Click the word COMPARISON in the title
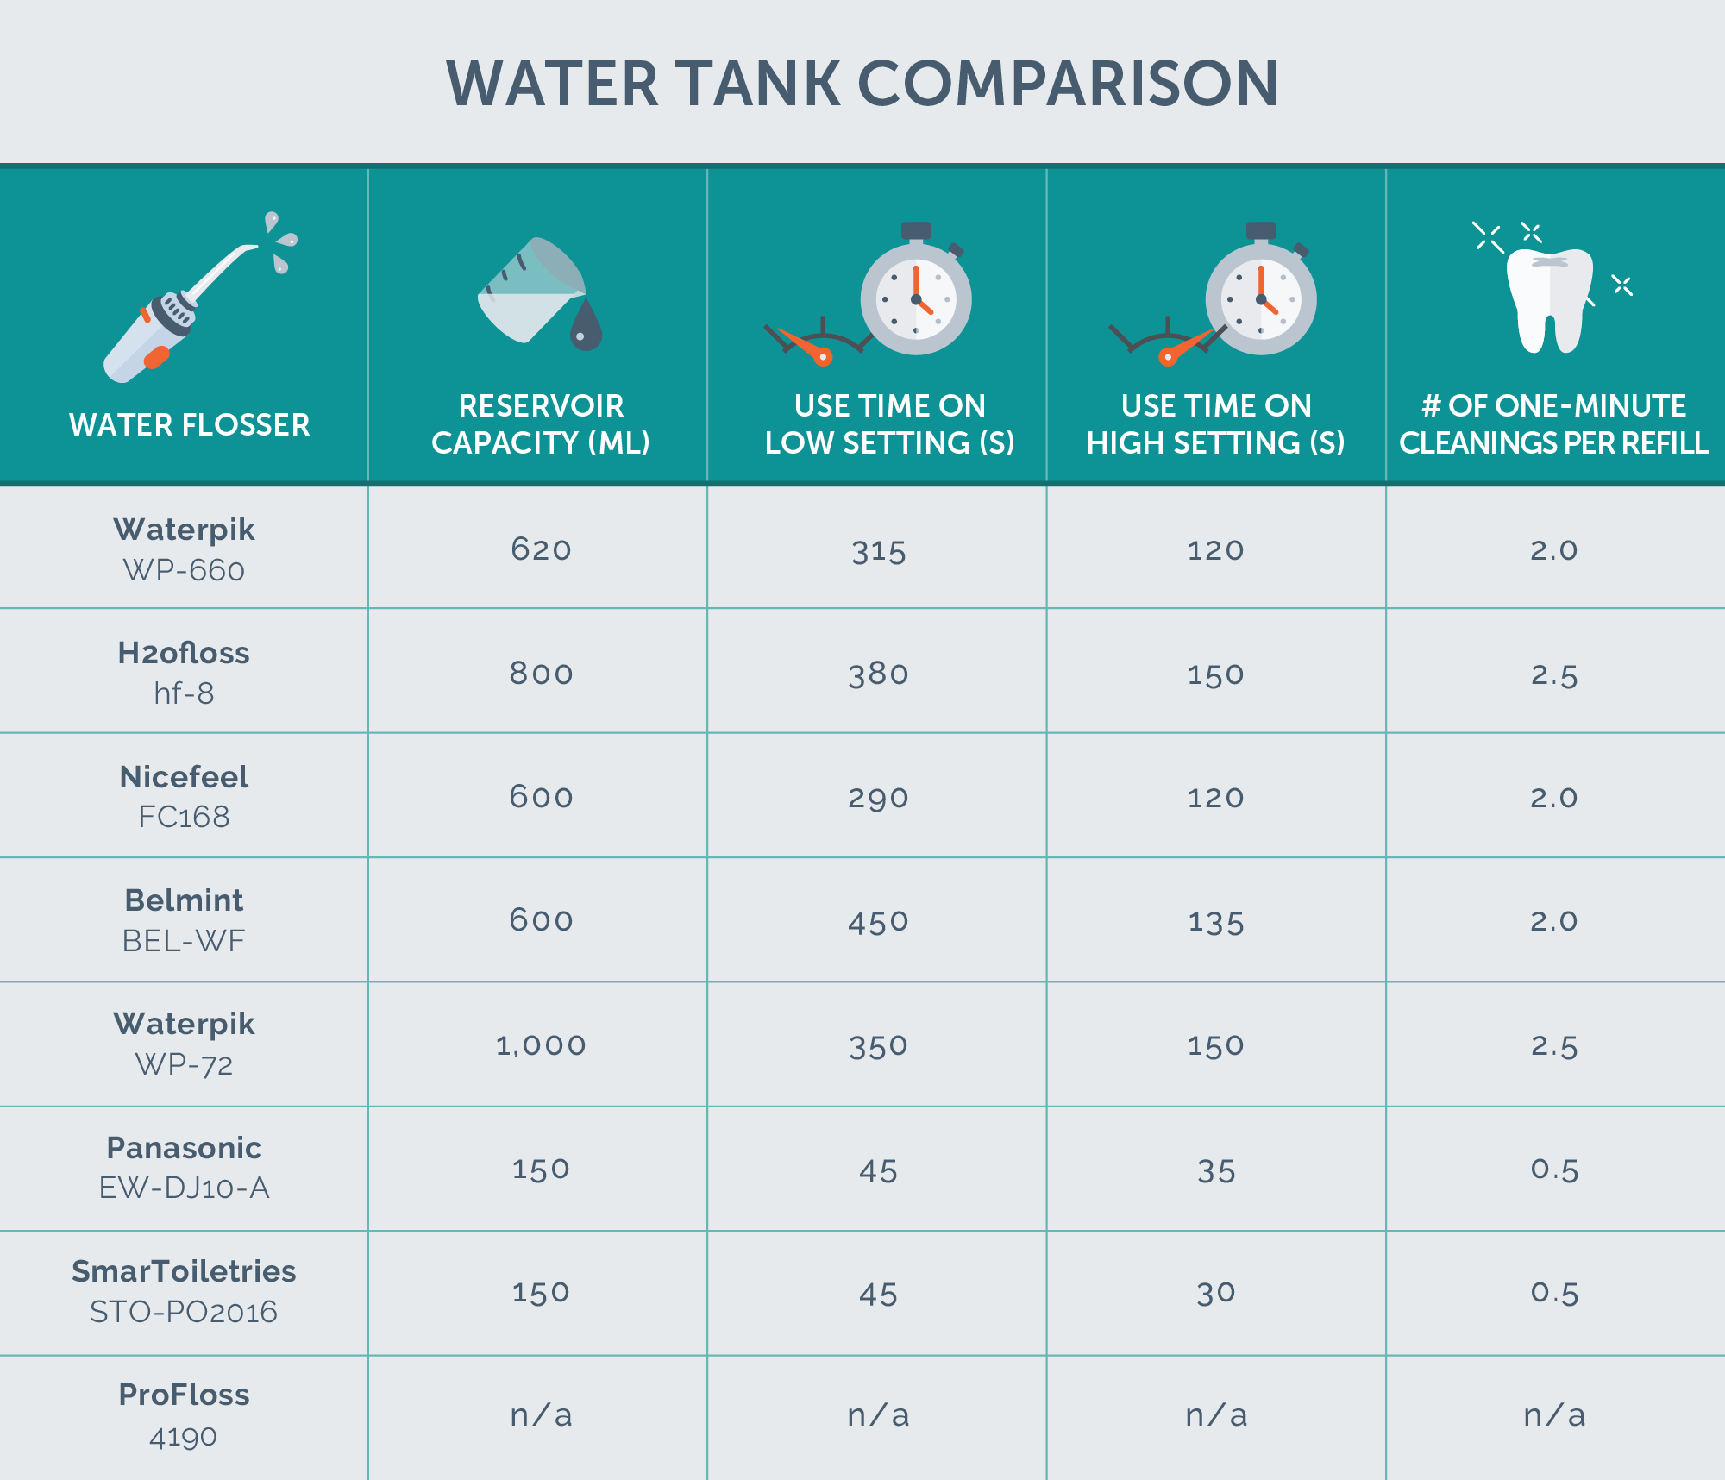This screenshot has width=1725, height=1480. click(x=1068, y=85)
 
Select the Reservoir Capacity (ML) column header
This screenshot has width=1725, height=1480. click(x=541, y=423)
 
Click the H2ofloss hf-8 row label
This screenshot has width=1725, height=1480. click(x=184, y=672)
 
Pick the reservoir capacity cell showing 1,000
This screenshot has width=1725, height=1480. click(x=541, y=1045)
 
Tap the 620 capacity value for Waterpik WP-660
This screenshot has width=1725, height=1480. click(x=541, y=549)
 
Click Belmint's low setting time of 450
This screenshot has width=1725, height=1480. click(x=878, y=922)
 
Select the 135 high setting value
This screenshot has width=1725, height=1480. click(x=1215, y=922)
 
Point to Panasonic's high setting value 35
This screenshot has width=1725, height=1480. click(x=1216, y=1170)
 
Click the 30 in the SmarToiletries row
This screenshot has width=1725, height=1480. click(x=1216, y=1293)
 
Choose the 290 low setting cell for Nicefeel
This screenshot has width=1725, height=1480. click(x=878, y=798)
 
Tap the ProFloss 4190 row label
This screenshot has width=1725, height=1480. click(x=184, y=1414)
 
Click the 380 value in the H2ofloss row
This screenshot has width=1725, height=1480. click(x=878, y=674)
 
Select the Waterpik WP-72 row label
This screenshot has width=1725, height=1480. click(x=184, y=1044)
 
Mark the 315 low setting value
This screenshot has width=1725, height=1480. click(x=878, y=550)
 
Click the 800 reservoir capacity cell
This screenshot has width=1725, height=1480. click(x=541, y=673)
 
